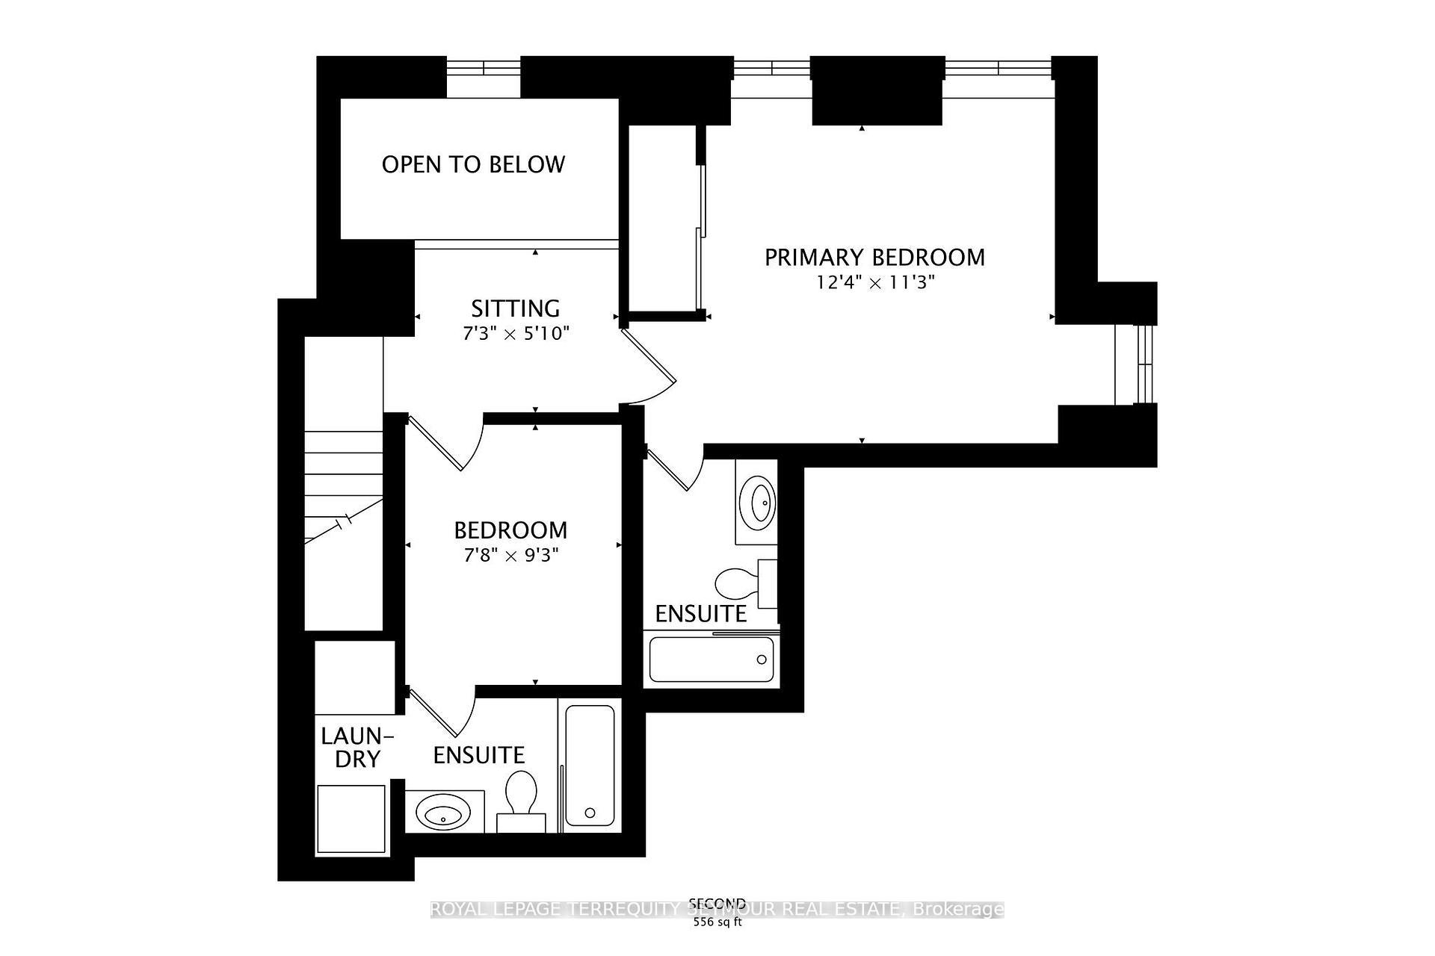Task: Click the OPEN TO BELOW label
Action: click(473, 164)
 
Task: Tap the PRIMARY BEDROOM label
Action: click(874, 257)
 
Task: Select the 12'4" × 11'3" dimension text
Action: click(874, 283)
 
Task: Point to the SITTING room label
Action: click(515, 308)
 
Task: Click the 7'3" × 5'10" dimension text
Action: click(515, 333)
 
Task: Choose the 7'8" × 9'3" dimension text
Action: click(510, 556)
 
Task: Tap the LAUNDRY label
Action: click(357, 748)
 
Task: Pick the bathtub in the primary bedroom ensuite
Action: click(711, 659)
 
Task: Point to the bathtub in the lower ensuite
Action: click(590, 766)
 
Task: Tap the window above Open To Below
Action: click(484, 67)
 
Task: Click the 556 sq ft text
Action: click(717, 922)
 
